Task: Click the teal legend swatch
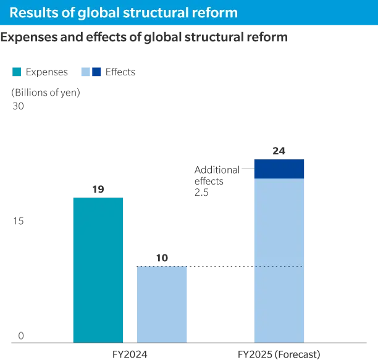(17, 72)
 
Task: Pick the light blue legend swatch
(85, 72)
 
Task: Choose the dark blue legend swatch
(96, 72)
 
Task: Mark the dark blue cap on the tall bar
(279, 169)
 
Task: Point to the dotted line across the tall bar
(279, 267)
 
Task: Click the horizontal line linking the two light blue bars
(220, 264)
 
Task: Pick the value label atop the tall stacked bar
(279, 151)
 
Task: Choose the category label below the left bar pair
(128, 354)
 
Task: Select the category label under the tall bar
(279, 354)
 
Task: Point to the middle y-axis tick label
(19, 219)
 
